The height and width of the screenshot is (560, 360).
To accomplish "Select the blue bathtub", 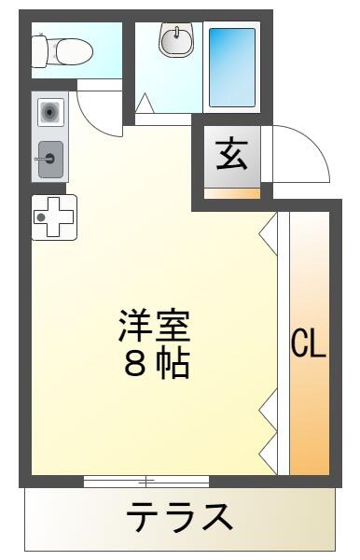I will click(x=230, y=66).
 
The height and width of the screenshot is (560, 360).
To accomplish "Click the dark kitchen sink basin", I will click(x=52, y=155).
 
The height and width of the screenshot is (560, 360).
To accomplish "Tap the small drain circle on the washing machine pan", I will click(x=41, y=217).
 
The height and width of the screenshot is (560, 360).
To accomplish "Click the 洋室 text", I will click(x=154, y=326).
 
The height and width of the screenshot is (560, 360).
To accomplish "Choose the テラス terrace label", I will click(x=179, y=516).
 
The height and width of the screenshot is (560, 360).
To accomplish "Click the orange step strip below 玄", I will click(x=231, y=192).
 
